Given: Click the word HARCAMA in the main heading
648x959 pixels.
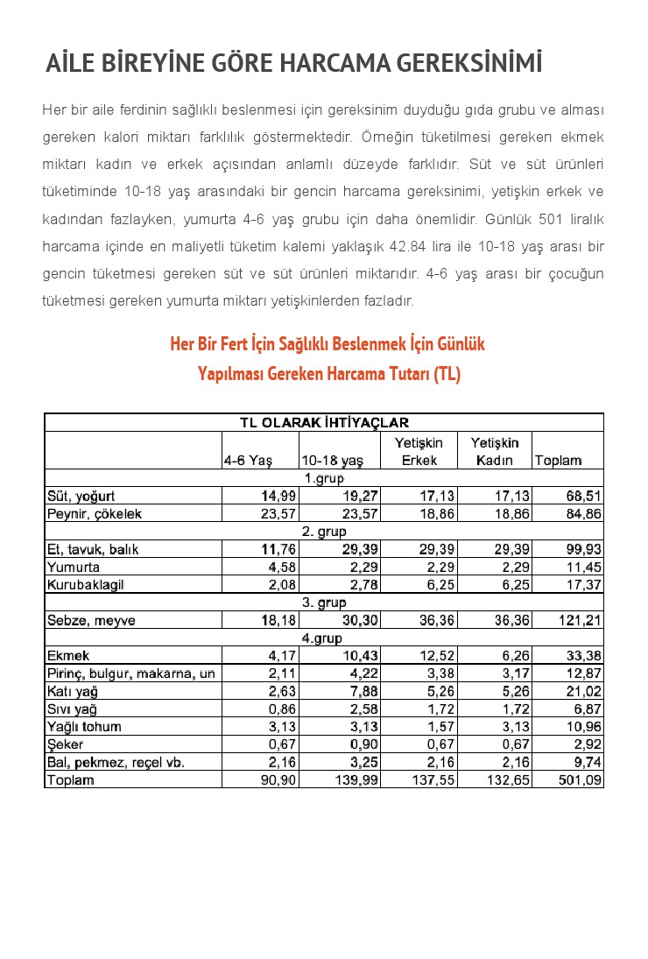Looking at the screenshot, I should [334, 64].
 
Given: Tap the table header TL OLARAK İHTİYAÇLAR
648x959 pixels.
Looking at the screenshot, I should [324, 423].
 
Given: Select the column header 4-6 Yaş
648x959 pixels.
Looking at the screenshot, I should [249, 461].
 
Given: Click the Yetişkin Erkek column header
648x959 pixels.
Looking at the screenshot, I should [419, 452].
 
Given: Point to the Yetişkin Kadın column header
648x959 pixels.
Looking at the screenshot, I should [495, 452].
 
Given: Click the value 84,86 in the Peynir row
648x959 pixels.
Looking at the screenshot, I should [584, 514].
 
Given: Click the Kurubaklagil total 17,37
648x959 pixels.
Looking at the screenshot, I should [584, 585].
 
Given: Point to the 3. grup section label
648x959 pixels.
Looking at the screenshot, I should [324, 603].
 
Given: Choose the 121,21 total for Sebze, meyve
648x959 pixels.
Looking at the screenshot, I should [581, 621].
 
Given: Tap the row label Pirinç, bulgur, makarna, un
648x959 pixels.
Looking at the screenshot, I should [131, 673].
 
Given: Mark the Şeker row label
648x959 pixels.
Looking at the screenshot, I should [65, 744].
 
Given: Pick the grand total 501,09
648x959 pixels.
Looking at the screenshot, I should [581, 779].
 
